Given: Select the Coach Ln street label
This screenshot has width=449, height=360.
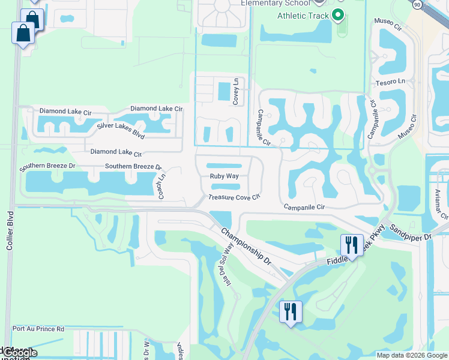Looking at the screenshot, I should click(161, 185).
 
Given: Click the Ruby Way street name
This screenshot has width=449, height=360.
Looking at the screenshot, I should click(224, 176).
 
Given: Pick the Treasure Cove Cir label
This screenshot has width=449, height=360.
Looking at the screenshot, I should click(234, 197).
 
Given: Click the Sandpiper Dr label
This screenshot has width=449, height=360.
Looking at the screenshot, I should click(411, 233).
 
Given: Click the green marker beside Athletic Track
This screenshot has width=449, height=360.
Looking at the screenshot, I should click(338, 15).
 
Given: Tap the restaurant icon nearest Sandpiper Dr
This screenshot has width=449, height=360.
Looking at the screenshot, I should click(351, 245).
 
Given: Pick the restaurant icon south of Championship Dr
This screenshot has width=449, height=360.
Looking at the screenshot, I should click(290, 311).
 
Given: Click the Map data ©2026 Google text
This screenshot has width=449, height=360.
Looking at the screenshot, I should click(412, 355).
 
